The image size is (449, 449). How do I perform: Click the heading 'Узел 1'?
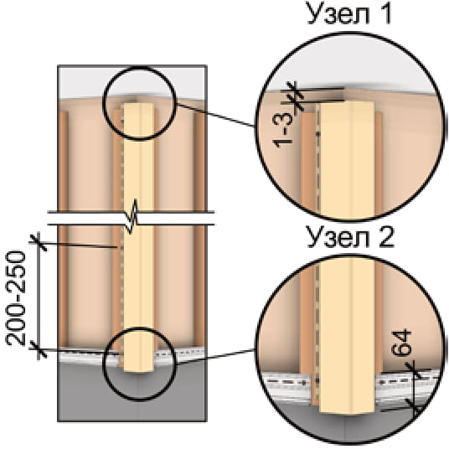click(348, 13)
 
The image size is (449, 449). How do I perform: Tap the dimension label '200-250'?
click(16, 299)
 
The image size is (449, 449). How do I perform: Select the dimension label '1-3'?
click(283, 130)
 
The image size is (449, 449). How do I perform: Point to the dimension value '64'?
click(401, 343)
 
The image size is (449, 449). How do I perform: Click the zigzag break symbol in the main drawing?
click(132, 217)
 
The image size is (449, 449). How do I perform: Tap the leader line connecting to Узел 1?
click(215, 115)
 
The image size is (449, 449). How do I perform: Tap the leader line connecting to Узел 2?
click(215, 357)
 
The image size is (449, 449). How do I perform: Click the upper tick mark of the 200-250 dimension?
click(39, 243)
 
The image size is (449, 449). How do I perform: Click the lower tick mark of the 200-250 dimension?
click(39, 350)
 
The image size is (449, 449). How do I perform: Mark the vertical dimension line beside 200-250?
click(39, 297)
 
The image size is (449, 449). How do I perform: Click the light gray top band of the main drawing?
click(132, 82)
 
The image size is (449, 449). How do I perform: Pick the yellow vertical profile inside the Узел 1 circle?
click(347, 160)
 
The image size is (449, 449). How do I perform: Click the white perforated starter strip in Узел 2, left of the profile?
click(286, 386)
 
